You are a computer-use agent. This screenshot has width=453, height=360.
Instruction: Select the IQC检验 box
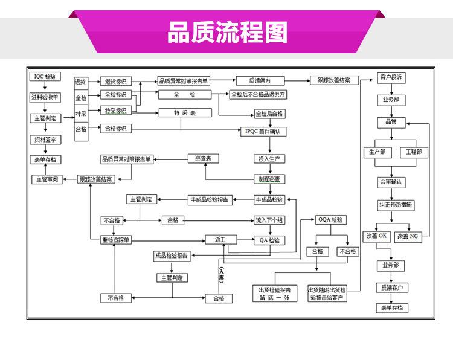point(45,77)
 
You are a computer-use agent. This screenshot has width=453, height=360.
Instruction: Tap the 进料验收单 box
point(45,97)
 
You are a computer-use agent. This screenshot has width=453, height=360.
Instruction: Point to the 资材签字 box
point(45,139)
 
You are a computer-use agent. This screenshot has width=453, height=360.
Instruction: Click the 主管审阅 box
point(47,179)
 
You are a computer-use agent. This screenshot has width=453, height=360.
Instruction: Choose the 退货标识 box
point(116,81)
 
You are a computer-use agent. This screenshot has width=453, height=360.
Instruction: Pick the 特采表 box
point(185,112)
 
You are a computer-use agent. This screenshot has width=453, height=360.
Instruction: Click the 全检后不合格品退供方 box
point(258,95)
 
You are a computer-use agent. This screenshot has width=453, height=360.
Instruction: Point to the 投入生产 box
point(269,159)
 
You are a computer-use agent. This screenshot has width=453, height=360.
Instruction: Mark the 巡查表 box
point(204,159)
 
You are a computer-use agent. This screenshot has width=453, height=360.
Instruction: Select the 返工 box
point(219,240)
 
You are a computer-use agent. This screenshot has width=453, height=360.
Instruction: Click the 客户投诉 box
point(391,78)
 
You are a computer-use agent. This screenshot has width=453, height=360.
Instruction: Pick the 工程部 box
point(414,152)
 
